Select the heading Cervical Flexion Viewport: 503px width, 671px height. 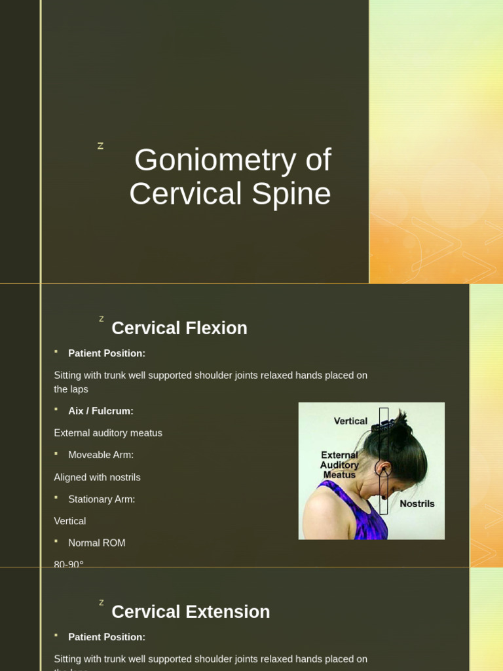click(179, 328)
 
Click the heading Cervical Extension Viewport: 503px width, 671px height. click(191, 612)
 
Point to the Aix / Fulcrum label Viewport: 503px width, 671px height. click(101, 411)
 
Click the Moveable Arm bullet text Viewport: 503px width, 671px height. click(101, 455)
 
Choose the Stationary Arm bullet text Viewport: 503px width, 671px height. click(102, 499)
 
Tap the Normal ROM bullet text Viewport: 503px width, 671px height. click(97, 543)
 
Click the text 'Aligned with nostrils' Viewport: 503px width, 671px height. click(97, 477)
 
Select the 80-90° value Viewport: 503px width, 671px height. click(69, 564)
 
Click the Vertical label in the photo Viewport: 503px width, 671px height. click(350, 421)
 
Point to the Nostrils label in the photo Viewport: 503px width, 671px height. click(417, 504)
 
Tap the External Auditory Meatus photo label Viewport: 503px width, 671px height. click(339, 465)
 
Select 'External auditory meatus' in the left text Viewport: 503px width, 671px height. click(108, 433)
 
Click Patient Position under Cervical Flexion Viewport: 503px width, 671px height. click(107, 353)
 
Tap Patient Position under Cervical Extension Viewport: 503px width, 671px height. click(107, 637)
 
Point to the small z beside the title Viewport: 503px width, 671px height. click(100, 146)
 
